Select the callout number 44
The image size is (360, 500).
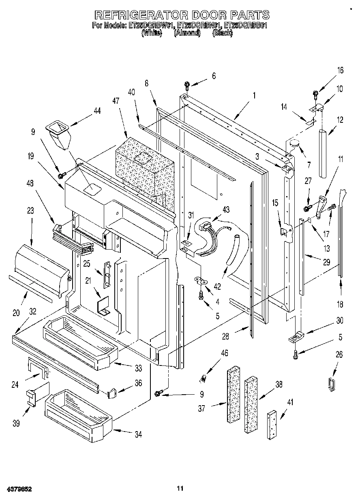pyautogui.click(x=97, y=111)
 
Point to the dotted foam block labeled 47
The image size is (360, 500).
pyautogui.click(x=144, y=164)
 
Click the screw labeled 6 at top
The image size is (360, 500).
pyautogui.click(x=187, y=85)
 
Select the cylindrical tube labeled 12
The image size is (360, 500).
pyautogui.click(x=323, y=153)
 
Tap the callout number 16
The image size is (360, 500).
pyautogui.click(x=340, y=70)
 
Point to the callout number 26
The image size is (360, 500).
pyautogui.click(x=339, y=355)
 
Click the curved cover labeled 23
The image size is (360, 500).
pyautogui.click(x=41, y=269)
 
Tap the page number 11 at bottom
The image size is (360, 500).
pyautogui.click(x=180, y=488)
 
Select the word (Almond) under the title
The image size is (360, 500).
pyautogui.click(x=187, y=33)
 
